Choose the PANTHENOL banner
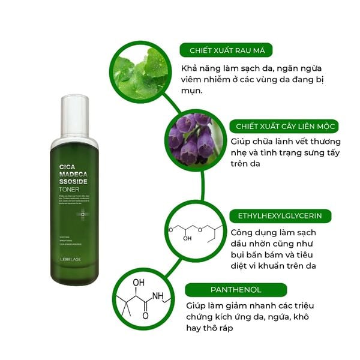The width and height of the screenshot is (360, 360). (x=227, y=290)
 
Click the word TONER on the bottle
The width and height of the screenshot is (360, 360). (x=70, y=190)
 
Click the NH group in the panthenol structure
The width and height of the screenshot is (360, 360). (x=158, y=297)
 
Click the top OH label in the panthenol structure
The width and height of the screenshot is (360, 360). (x=139, y=282)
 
